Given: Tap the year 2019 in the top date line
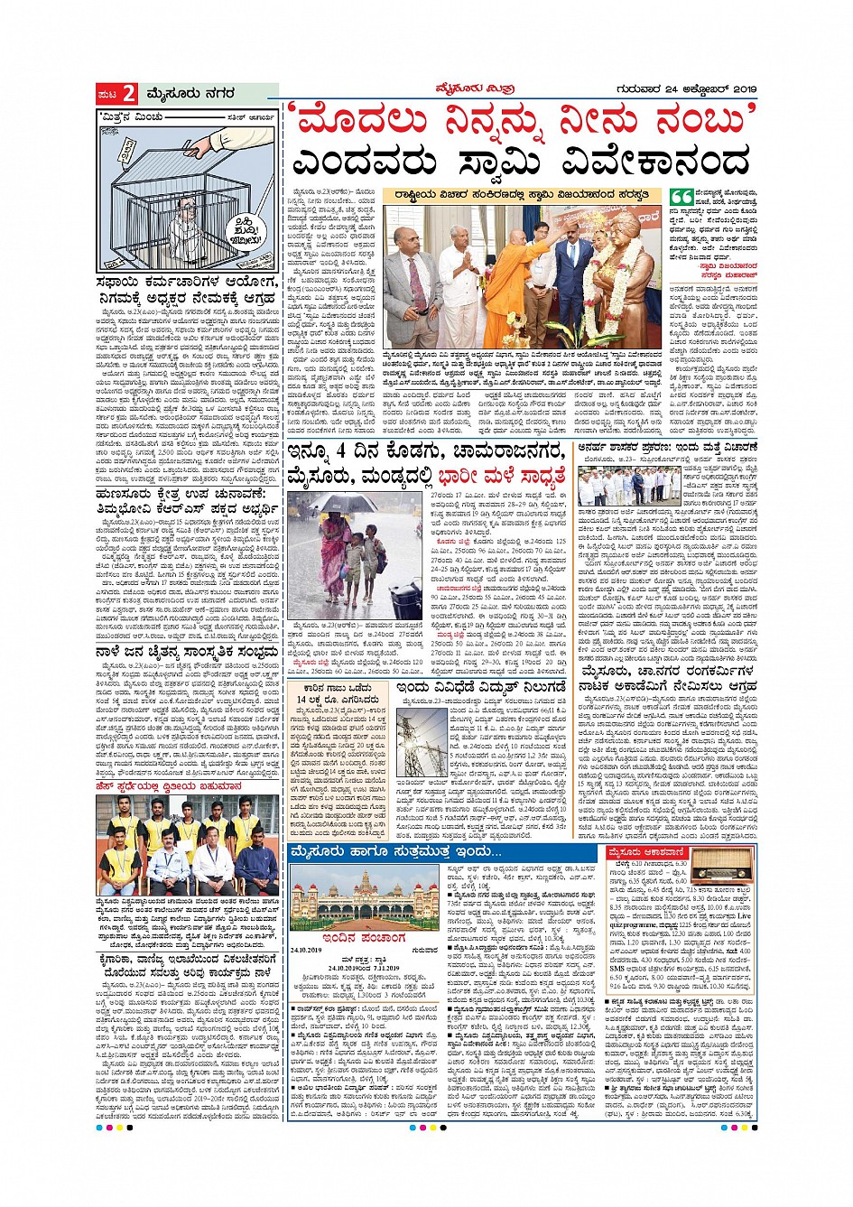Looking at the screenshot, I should tap(740, 88).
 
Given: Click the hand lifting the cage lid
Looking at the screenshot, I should tap(213, 140).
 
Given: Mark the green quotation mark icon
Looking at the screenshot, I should tap(681, 196).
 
